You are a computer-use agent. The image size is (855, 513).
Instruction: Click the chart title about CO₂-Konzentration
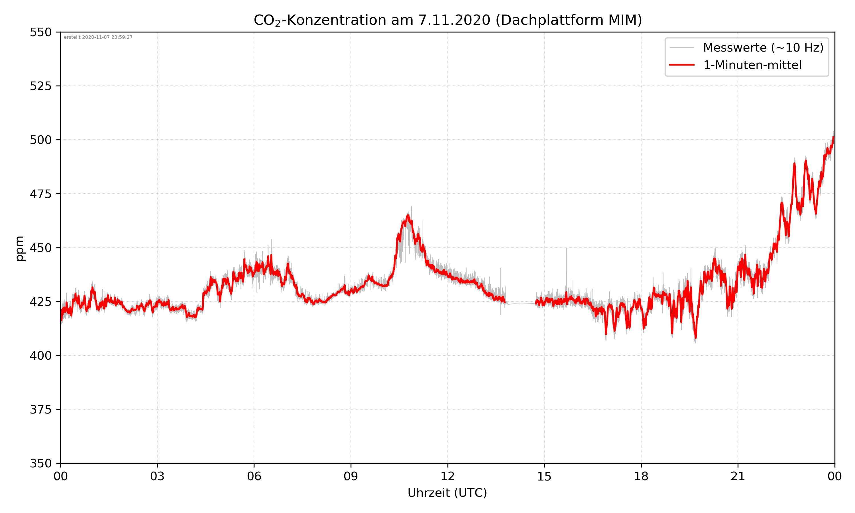(447, 20)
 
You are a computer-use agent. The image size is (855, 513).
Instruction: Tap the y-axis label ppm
(20, 248)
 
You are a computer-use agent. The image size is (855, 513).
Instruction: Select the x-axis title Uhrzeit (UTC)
(447, 492)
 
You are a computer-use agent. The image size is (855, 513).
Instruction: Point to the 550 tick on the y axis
(40, 32)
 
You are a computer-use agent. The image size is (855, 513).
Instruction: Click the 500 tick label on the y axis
(40, 140)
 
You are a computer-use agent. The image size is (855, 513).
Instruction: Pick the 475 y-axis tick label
(40, 194)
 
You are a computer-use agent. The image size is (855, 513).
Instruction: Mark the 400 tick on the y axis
(40, 356)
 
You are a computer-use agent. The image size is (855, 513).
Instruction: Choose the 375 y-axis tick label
(40, 410)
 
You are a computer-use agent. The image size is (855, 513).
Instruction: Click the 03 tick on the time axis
(157, 476)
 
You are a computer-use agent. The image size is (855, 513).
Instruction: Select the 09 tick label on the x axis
(351, 476)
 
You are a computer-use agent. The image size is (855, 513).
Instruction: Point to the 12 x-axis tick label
(447, 476)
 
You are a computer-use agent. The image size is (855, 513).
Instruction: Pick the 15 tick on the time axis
(544, 476)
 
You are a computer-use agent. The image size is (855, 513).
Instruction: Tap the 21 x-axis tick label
(738, 476)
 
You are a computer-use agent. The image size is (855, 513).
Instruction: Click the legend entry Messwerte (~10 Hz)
(763, 48)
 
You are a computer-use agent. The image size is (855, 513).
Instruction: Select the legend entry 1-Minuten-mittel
(752, 65)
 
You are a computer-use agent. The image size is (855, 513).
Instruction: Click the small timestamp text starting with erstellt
(98, 37)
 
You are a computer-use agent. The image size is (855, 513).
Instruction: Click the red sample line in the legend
(681, 65)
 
